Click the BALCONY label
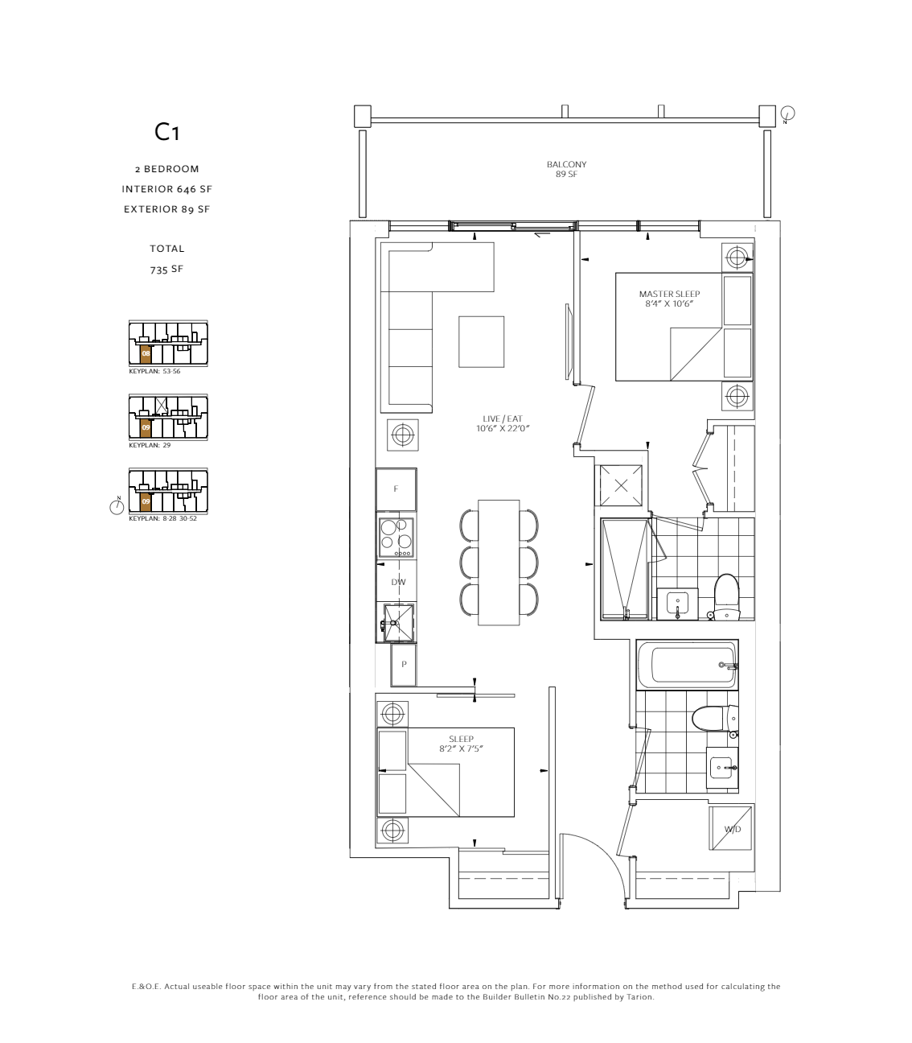point(566,164)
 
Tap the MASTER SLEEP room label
point(669,294)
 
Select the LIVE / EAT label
point(503,418)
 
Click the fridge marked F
point(396,489)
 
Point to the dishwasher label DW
point(398,582)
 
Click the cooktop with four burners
point(396,538)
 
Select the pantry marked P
point(404,665)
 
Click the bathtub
point(687,665)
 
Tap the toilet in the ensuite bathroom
point(726,596)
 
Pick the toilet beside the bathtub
point(715,719)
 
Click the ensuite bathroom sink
point(677,604)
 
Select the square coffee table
point(481,341)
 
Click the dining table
point(499,563)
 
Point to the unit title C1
point(166,133)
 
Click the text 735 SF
point(166,269)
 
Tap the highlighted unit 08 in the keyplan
point(146,352)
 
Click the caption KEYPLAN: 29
point(150,445)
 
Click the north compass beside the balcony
point(787,113)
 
